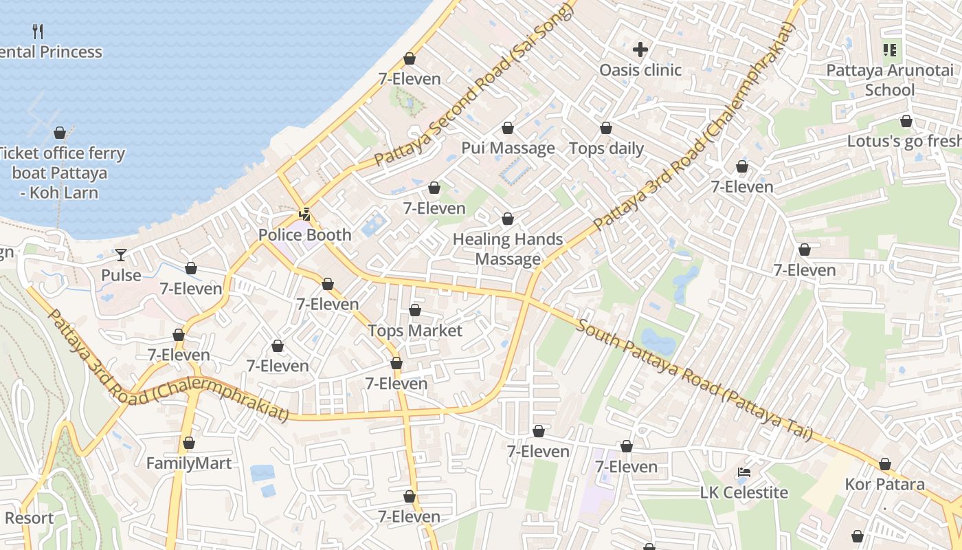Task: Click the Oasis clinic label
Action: [x=640, y=70]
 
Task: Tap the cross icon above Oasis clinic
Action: [x=640, y=49]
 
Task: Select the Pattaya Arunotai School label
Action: [x=890, y=80]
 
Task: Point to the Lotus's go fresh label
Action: [x=904, y=141]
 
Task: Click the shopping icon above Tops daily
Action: [x=606, y=128]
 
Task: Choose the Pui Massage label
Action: [x=508, y=148]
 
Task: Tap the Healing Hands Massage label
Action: [x=508, y=249]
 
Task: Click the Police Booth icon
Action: [x=304, y=214]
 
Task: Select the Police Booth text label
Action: [x=304, y=235]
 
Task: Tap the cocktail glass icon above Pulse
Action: [x=121, y=255]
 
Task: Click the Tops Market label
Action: [x=415, y=331]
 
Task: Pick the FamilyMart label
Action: [x=189, y=463]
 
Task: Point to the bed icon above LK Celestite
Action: [x=744, y=472]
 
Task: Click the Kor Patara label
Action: [x=884, y=485]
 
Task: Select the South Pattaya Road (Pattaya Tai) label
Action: [x=694, y=379]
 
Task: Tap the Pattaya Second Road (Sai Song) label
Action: [x=474, y=86]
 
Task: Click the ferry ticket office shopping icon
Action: [x=60, y=133]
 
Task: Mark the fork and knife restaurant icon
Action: [x=38, y=31]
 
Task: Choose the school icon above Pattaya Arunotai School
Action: [x=890, y=49]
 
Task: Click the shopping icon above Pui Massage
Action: [x=508, y=128]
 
